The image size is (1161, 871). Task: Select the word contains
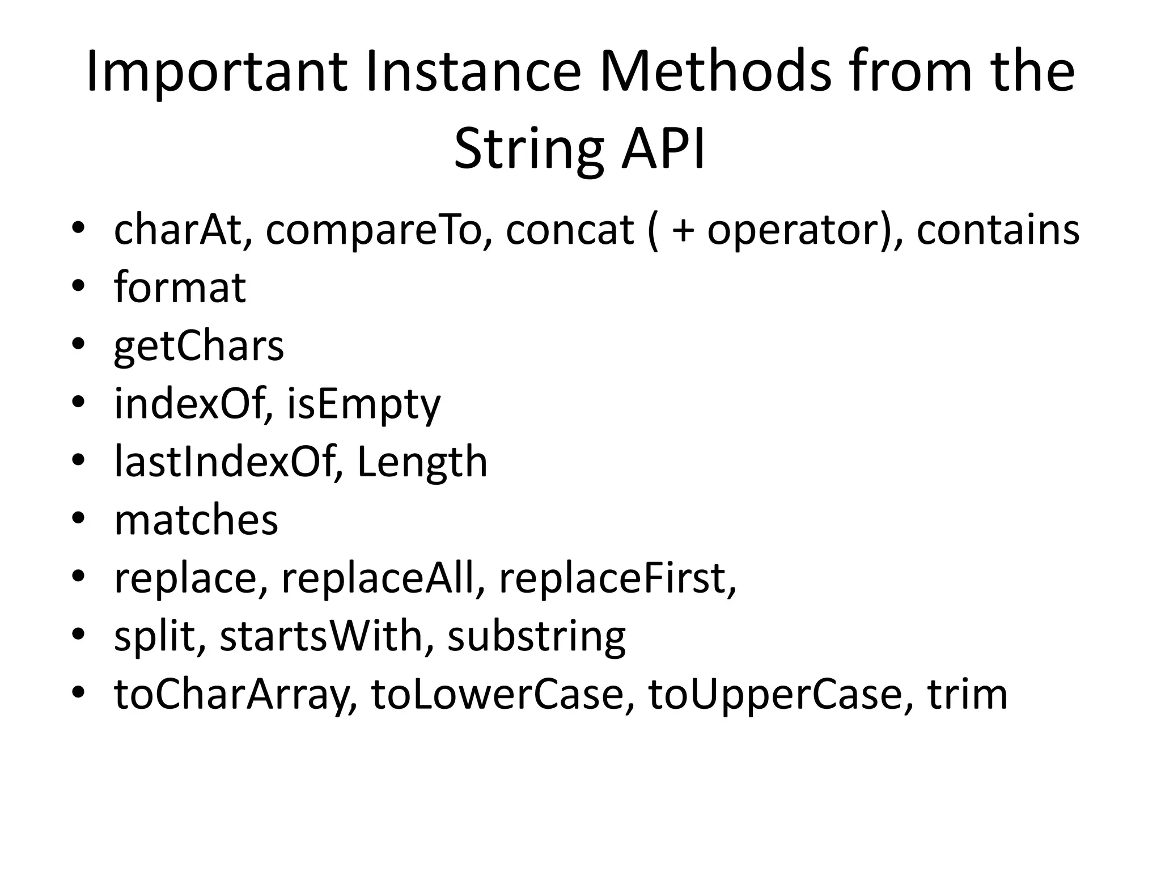pos(998,230)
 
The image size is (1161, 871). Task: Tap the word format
pos(180,288)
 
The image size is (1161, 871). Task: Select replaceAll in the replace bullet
pos(378,579)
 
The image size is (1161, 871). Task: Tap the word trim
pos(967,695)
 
